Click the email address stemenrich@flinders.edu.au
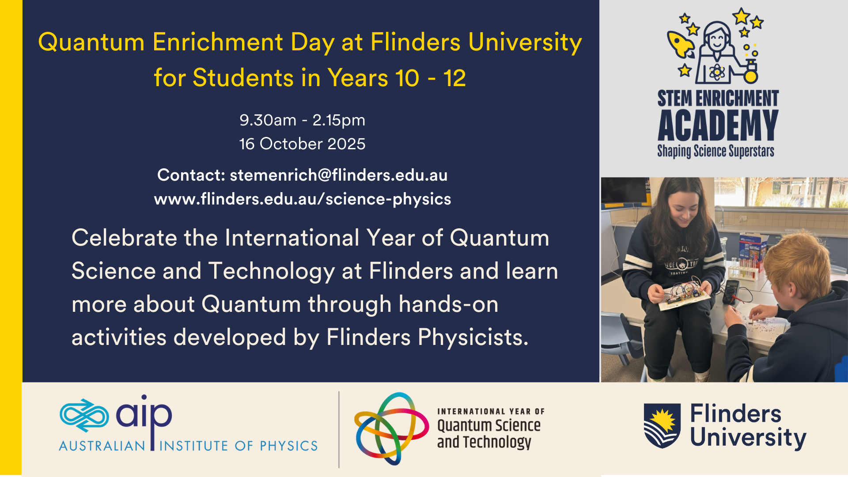click(339, 175)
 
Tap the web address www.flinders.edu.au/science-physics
click(303, 199)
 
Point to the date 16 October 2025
click(303, 144)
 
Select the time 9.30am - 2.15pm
click(303, 120)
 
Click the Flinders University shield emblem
click(662, 426)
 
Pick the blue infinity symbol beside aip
click(84, 416)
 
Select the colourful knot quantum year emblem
click(391, 428)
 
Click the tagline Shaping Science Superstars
click(716, 151)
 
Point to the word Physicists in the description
click(473, 338)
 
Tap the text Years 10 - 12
click(397, 78)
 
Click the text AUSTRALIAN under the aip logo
click(102, 446)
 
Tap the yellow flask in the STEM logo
click(750, 73)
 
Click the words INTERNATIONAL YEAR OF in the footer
click(491, 412)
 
